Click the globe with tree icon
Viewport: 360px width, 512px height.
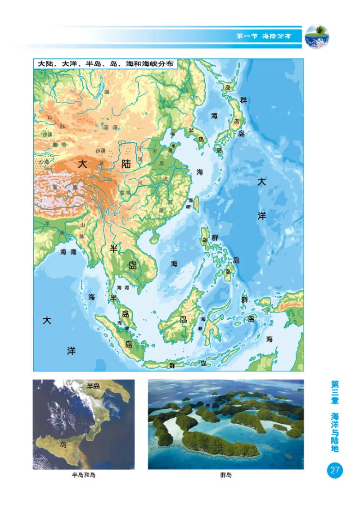click(317, 36)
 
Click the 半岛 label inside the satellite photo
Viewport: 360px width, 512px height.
click(93, 386)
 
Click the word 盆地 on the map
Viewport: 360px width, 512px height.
click(124, 192)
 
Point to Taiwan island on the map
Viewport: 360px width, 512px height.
click(196, 205)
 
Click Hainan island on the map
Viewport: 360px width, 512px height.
click(154, 237)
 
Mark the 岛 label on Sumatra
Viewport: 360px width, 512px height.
click(129, 344)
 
